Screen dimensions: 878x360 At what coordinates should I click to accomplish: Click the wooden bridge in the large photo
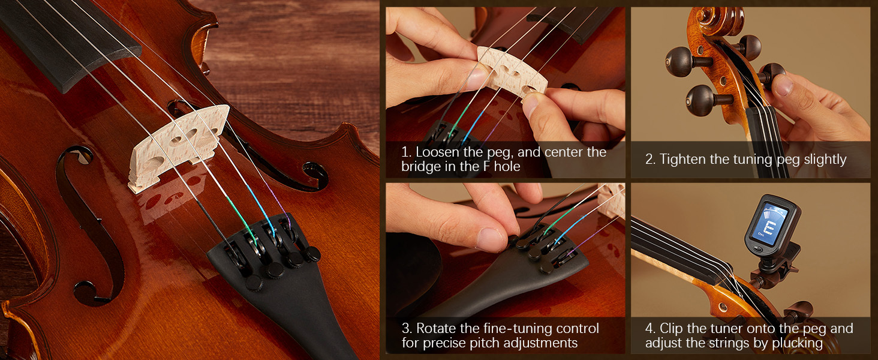[178, 147]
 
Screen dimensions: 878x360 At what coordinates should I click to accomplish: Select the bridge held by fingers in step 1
[512, 71]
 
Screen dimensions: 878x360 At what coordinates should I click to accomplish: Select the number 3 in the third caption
[405, 329]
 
